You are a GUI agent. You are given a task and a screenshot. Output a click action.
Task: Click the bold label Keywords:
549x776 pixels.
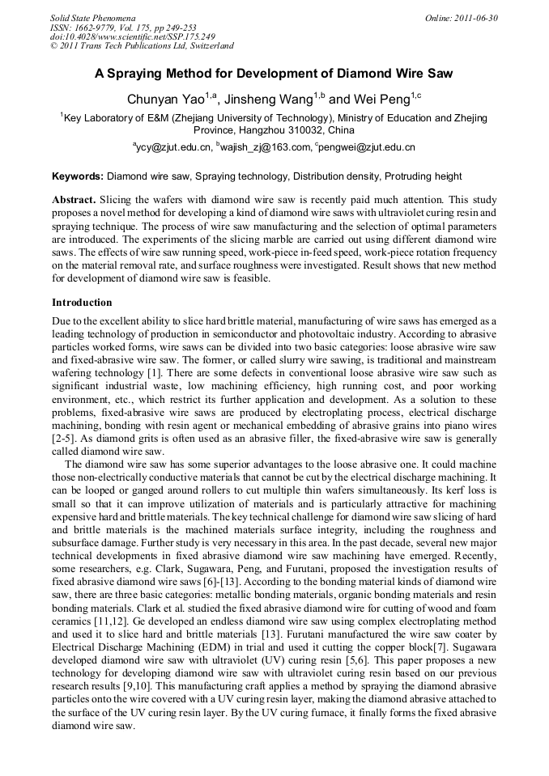(78, 176)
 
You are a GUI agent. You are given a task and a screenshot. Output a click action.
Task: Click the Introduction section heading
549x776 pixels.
(82, 303)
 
